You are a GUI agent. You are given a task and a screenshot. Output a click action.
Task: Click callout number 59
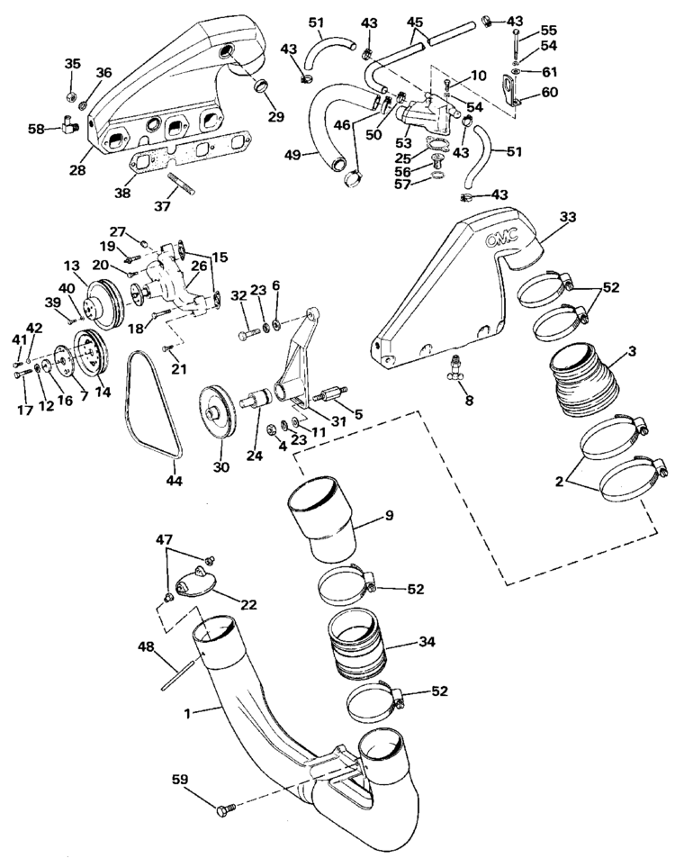coord(180,779)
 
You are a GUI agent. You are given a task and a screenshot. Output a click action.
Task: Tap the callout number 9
coord(389,516)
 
